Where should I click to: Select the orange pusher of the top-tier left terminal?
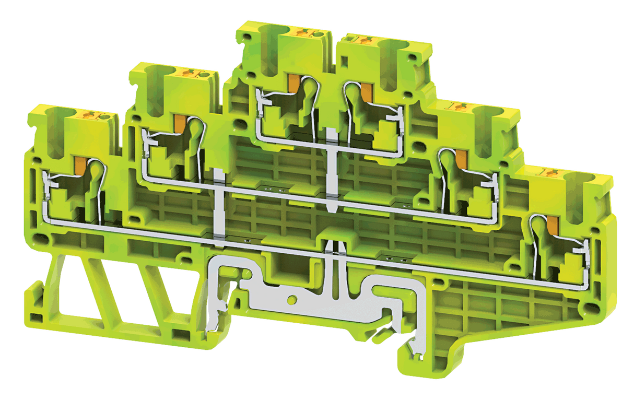pyautogui.click(x=293, y=82)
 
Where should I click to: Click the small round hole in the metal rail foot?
pyautogui.click(x=291, y=300)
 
